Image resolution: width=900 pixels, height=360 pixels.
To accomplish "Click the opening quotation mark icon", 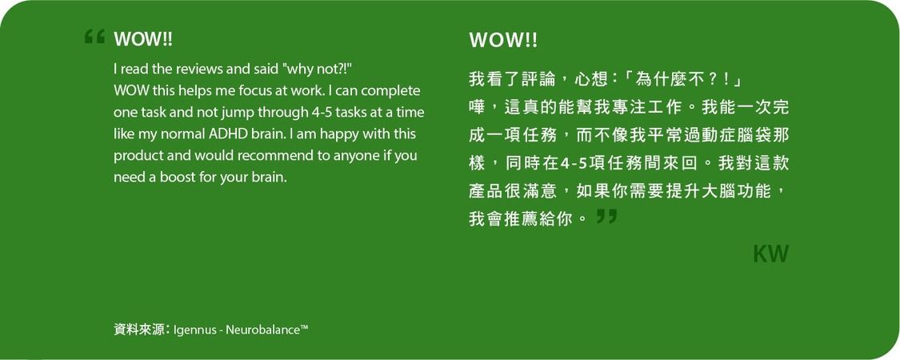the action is (x=94, y=37).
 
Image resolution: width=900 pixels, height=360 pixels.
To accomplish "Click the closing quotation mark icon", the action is (x=606, y=216).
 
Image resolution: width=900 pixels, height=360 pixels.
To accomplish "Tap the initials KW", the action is (x=771, y=254).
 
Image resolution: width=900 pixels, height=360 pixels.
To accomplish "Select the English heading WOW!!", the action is (x=143, y=39).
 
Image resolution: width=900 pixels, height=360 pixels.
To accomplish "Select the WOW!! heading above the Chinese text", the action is (x=503, y=40).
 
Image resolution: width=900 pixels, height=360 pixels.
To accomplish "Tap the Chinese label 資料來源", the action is (x=138, y=330).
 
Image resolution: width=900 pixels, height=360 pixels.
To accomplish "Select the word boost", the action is (x=174, y=178).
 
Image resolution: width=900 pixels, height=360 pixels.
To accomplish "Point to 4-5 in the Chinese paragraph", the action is (x=571, y=164).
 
